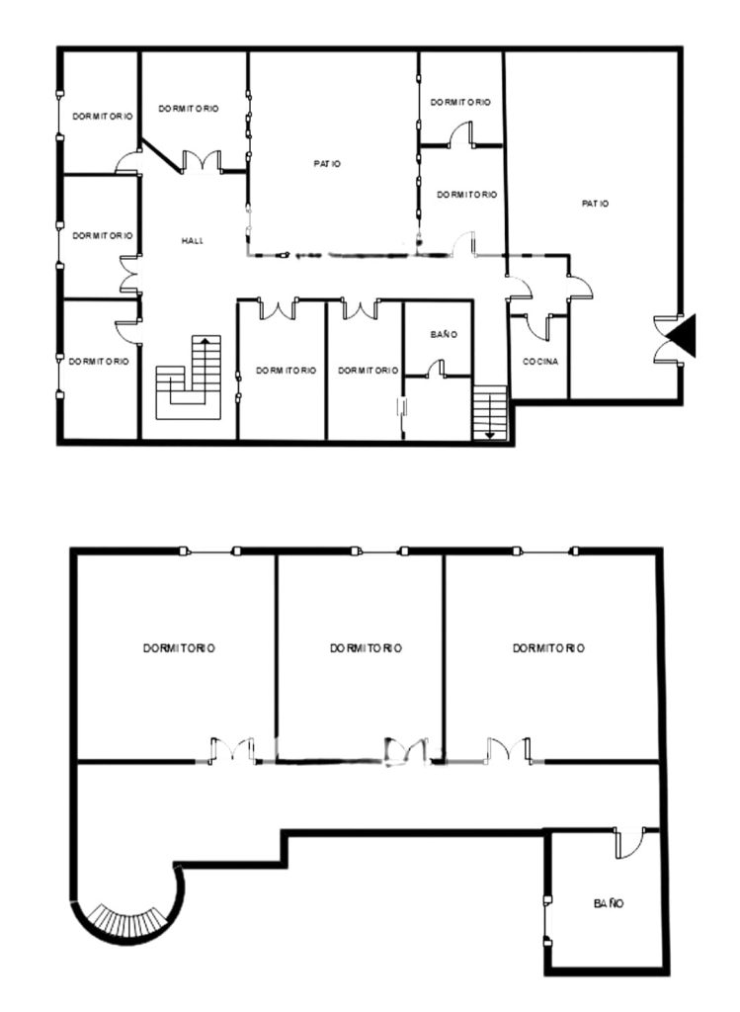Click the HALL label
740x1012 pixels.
(193, 241)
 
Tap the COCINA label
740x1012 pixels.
(540, 362)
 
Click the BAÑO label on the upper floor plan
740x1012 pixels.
(444, 334)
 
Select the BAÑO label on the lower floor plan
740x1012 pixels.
(609, 903)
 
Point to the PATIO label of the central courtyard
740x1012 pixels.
(327, 164)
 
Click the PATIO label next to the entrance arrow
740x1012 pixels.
(595, 204)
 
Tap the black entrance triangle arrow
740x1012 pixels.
(682, 335)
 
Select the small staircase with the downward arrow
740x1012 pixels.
(490, 412)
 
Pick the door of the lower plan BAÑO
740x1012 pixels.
(629, 843)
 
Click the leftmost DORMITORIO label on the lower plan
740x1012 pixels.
(179, 648)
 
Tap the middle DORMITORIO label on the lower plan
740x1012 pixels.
(366, 648)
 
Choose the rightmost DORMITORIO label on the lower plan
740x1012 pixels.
(548, 648)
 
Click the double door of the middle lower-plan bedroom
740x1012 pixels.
(406, 751)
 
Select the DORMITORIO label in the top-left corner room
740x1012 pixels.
(103, 117)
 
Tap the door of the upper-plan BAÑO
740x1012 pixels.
(436, 370)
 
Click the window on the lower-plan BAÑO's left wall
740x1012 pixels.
(547, 920)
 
